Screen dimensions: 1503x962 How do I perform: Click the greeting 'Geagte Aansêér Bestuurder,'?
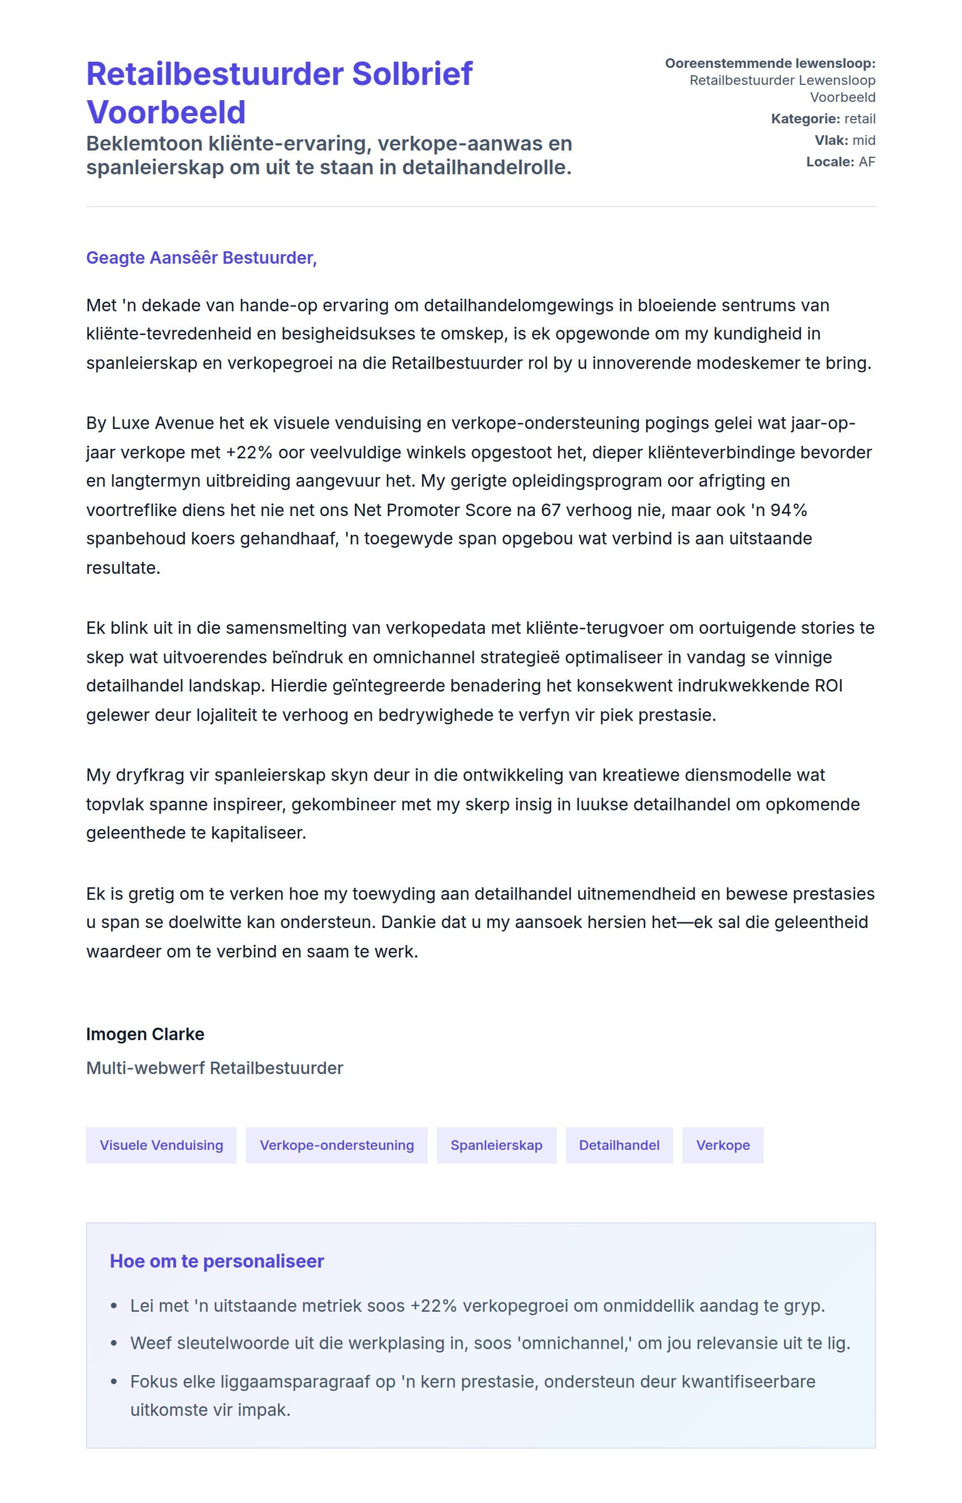pyautogui.click(x=201, y=257)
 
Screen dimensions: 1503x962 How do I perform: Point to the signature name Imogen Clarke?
pyautogui.click(x=145, y=1034)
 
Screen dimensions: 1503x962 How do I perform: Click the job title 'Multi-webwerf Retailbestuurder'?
pyautogui.click(x=214, y=1068)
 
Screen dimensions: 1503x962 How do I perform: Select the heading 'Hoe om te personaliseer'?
pyautogui.click(x=217, y=1261)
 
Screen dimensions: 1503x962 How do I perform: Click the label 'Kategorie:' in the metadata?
pyautogui.click(x=805, y=119)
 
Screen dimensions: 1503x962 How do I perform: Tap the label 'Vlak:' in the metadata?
pyautogui.click(x=831, y=140)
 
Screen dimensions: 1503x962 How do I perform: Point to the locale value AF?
pyautogui.click(x=866, y=162)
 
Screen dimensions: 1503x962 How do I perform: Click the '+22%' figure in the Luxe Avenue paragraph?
pyautogui.click(x=249, y=452)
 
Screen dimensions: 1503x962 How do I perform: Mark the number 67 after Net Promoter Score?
pyautogui.click(x=551, y=510)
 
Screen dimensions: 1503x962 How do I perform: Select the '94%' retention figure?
pyautogui.click(x=788, y=510)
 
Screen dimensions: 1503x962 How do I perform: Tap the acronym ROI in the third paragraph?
pyautogui.click(x=828, y=686)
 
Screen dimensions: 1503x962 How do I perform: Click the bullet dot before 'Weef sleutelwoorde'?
pyautogui.click(x=114, y=1344)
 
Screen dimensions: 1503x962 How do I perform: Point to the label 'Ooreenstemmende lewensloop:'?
pyautogui.click(x=770, y=63)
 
